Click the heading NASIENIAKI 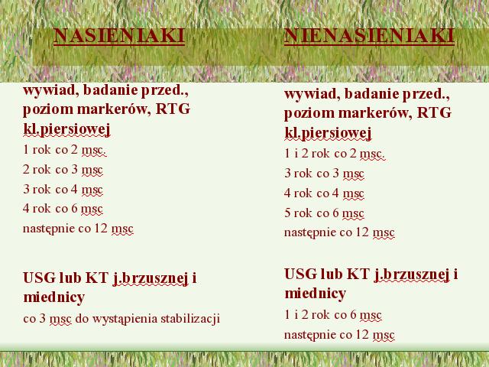(x=119, y=36)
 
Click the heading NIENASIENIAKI (x=369, y=36)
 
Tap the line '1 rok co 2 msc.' (x=64, y=150)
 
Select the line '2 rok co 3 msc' (x=63, y=170)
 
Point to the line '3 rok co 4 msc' (x=63, y=189)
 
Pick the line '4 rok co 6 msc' (x=63, y=209)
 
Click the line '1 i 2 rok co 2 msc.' (x=335, y=154)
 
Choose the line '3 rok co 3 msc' (x=324, y=174)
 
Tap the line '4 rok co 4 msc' (x=324, y=193)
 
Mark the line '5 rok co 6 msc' (x=324, y=213)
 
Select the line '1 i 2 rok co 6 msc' (x=333, y=314)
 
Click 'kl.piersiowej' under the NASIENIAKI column (x=66, y=129)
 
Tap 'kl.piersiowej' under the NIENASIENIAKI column (x=328, y=133)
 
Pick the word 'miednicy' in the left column (x=54, y=297)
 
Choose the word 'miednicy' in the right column (x=316, y=293)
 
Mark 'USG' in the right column (x=301, y=274)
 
